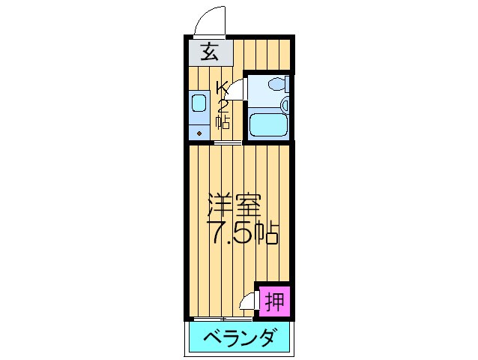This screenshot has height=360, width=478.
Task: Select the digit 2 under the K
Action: [223, 104]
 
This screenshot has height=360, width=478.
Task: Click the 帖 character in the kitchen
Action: [223, 120]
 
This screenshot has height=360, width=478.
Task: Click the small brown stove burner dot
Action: [199, 132]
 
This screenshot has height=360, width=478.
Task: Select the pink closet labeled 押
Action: [273, 301]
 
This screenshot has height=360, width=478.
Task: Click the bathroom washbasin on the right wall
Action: [287, 84]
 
